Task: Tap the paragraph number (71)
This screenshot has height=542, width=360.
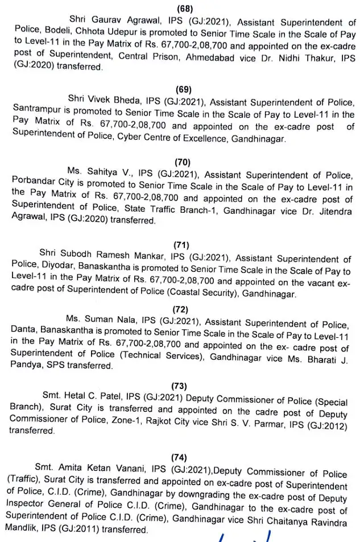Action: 181,245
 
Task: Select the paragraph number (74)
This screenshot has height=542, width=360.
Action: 179,457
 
